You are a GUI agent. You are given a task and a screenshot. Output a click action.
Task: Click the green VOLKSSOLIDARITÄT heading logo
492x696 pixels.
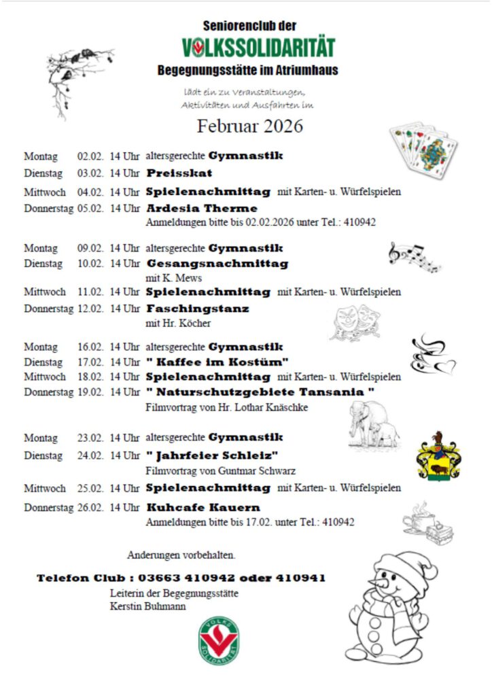click(x=258, y=48)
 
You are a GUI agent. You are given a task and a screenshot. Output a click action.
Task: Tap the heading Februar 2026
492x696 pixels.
click(x=250, y=126)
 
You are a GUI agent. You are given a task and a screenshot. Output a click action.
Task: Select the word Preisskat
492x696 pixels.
click(x=179, y=173)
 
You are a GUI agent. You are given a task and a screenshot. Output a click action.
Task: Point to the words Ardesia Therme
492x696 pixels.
click(x=202, y=209)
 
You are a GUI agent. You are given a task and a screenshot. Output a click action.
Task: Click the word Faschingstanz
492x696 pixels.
click(x=198, y=309)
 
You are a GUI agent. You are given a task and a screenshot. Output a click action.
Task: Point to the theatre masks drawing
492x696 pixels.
click(x=355, y=321)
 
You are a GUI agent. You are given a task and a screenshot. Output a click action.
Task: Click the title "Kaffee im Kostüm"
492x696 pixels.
click(x=217, y=362)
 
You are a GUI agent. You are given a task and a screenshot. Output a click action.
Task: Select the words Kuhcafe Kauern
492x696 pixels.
click(x=203, y=508)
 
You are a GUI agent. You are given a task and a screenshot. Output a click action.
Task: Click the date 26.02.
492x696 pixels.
click(x=90, y=508)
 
